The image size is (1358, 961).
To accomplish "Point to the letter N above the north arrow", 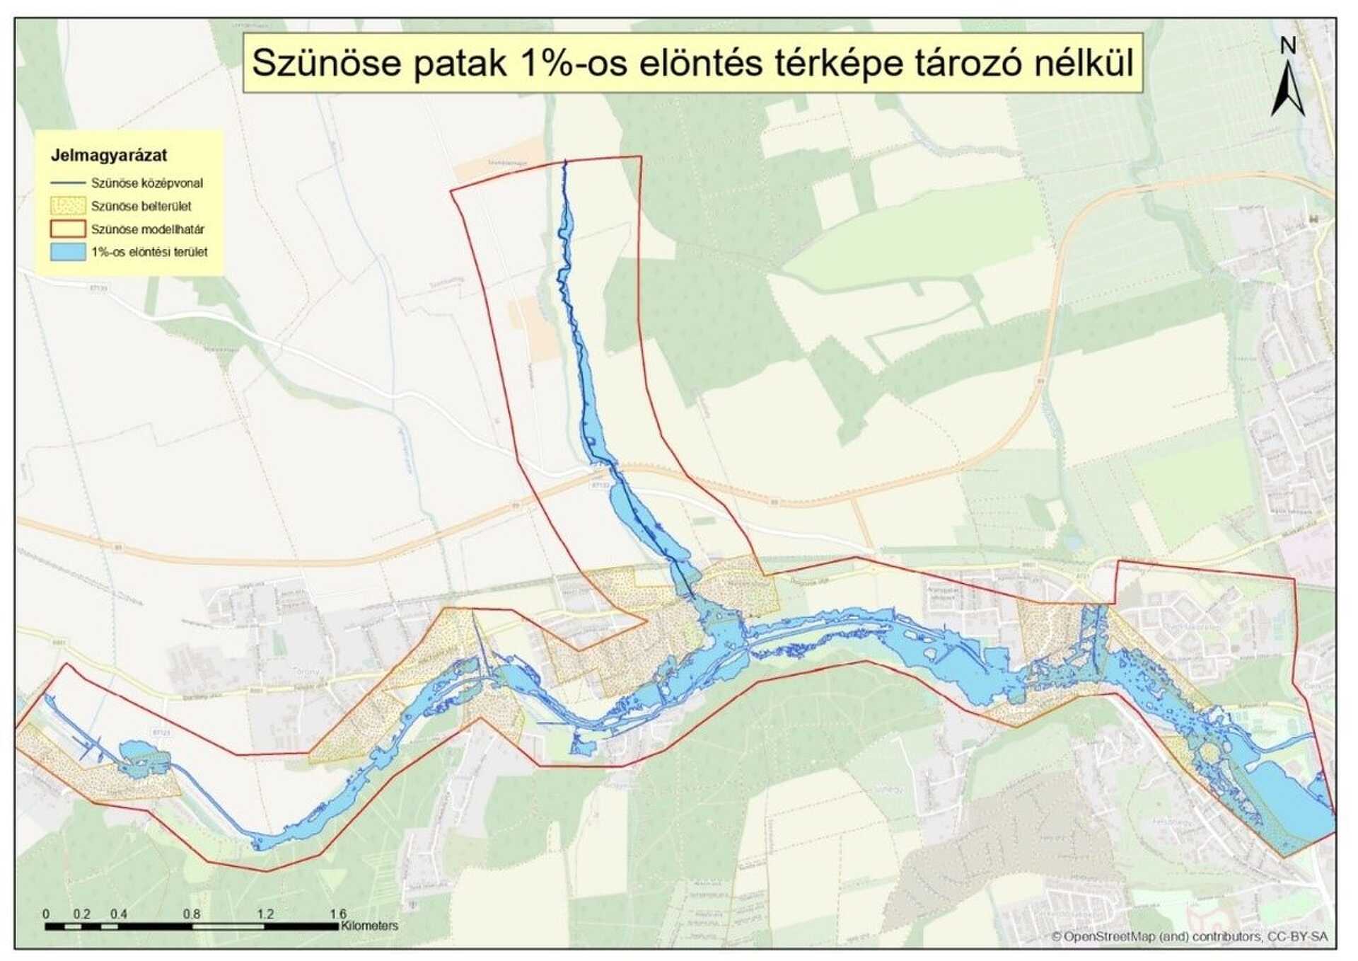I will coord(1288,45).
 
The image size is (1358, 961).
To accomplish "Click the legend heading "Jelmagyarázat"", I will coord(109,156).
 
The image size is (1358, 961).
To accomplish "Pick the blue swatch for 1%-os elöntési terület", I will coord(68,252).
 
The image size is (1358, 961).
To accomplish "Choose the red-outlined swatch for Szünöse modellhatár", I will coord(68,229).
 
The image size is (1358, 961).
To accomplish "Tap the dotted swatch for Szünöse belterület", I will coord(68,206).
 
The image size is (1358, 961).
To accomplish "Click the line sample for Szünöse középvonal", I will coord(68,183).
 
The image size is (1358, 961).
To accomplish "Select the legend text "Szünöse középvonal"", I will coord(147,183).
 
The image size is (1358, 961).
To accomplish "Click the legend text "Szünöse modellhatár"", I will coord(148,229).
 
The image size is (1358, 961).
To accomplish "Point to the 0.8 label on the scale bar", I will coord(192,914).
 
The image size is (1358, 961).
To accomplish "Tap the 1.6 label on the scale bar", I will coord(338,914).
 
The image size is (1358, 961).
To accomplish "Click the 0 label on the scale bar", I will coord(46,914).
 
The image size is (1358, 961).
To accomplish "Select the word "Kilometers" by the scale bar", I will coord(369,926).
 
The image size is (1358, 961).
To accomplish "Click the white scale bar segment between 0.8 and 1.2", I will coord(228,926).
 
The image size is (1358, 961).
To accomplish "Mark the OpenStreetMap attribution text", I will coord(1189,936).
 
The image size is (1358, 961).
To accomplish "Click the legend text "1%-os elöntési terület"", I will coord(149,252).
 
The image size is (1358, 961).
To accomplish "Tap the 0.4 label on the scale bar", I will coord(119,914).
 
